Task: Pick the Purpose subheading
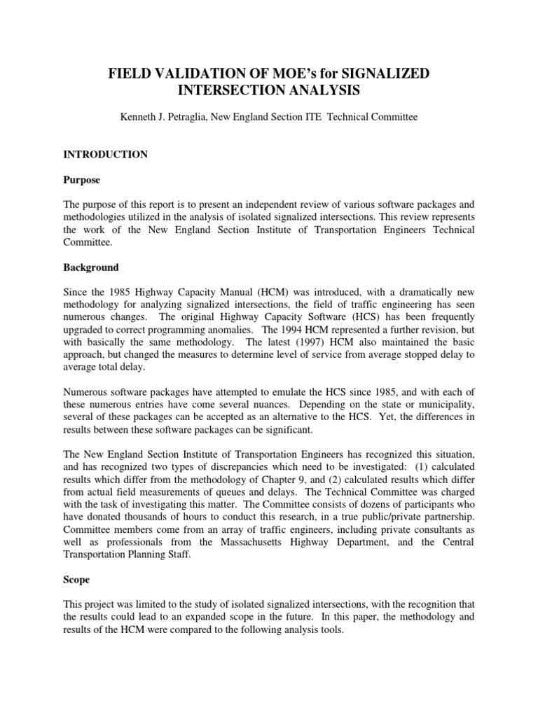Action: (83, 180)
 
